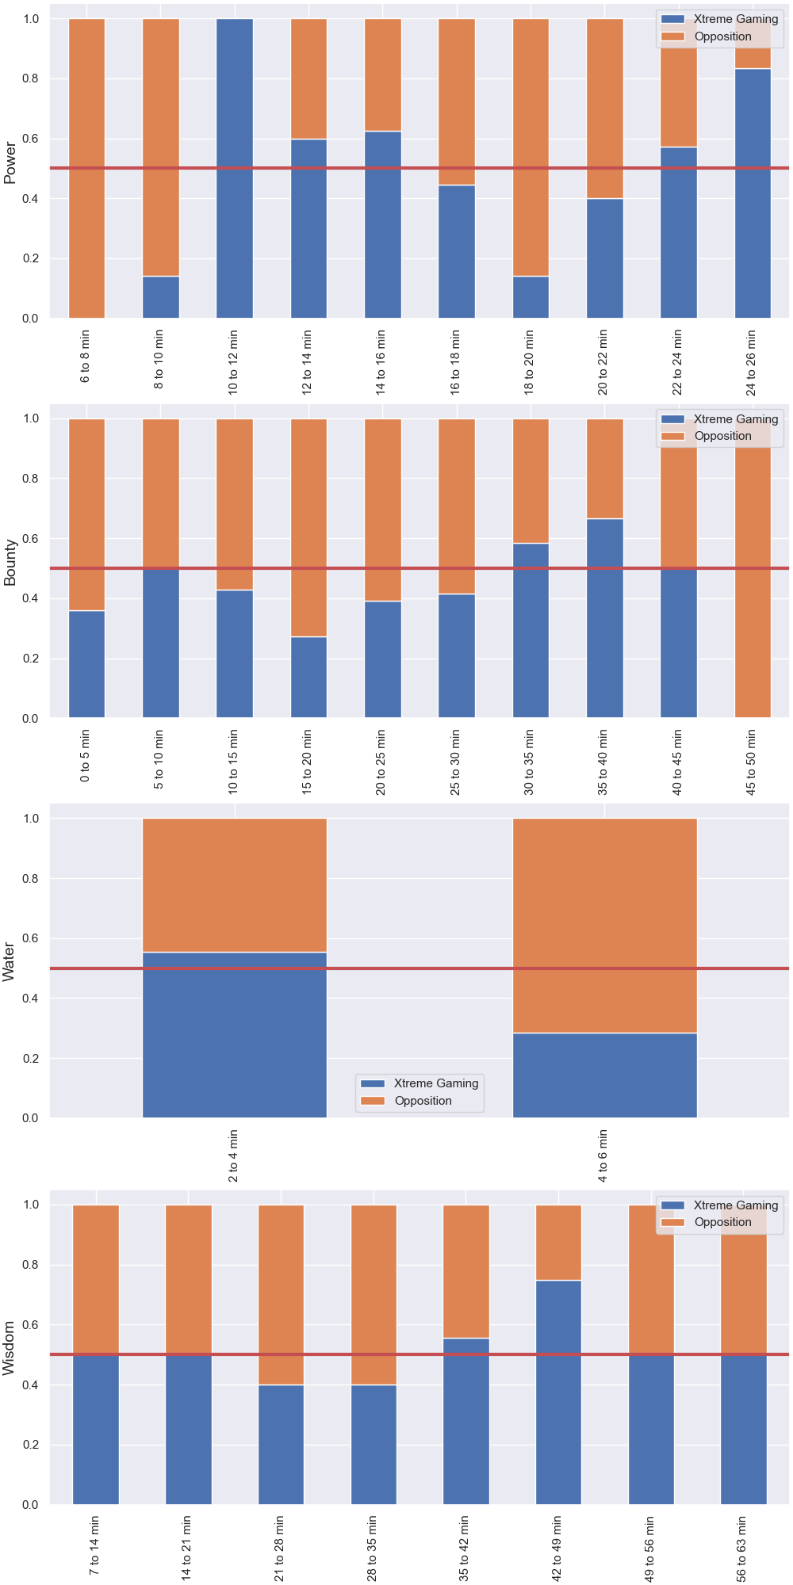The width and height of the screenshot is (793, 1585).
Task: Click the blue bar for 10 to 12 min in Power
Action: (235, 168)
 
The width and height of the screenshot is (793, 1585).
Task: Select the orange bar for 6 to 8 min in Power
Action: (86, 168)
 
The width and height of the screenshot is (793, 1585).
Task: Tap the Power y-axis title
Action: (10, 162)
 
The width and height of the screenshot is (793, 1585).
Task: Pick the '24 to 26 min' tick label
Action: (751, 362)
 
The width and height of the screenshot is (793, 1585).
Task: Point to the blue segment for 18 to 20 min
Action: (531, 297)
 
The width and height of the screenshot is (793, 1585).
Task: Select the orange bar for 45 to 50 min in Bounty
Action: (753, 568)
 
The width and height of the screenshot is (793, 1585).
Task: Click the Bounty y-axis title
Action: (10, 563)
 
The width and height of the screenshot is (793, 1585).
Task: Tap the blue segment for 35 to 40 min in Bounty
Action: (605, 618)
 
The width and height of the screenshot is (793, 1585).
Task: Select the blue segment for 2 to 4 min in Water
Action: (235, 1035)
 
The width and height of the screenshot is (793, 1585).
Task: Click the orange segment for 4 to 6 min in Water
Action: (605, 925)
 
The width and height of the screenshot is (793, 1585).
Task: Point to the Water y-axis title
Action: (10, 962)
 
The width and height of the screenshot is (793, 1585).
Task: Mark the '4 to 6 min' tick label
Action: (603, 1155)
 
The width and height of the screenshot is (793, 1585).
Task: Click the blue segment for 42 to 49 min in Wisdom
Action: (559, 1392)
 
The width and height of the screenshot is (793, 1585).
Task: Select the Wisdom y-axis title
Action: (10, 1348)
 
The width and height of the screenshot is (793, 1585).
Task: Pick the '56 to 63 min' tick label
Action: (742, 1549)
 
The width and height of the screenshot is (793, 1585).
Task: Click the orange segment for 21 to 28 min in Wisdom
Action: (281, 1295)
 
